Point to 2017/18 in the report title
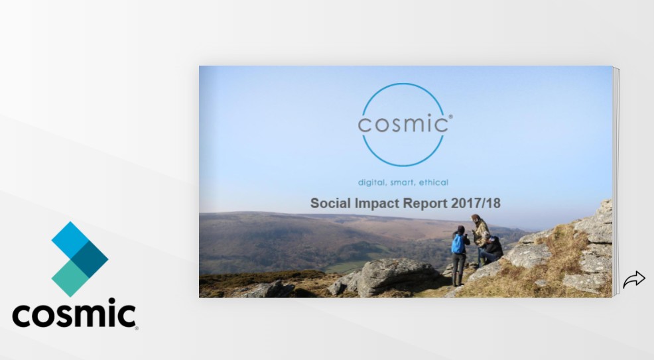[476, 204]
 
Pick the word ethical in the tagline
[434, 182]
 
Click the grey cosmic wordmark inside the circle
[403, 124]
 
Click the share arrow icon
[634, 279]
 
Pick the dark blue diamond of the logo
[90, 259]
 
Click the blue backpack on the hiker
[458, 243]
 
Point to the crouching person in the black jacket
[491, 251]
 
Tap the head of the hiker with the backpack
[460, 229]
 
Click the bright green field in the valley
[346, 267]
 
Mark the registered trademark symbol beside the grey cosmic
[450, 117]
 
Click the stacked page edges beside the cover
[616, 181]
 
